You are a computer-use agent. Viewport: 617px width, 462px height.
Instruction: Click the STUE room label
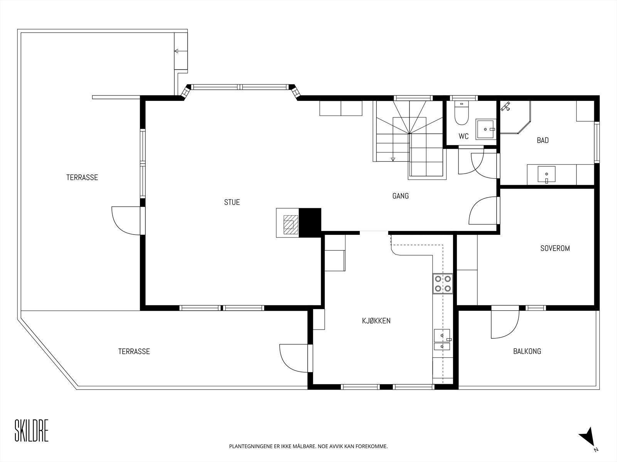tap(232, 202)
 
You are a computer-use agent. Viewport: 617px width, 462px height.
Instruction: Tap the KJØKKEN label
tap(376, 321)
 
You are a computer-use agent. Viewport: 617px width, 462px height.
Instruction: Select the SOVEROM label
tap(555, 248)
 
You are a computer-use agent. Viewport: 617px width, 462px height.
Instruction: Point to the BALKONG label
tap(527, 351)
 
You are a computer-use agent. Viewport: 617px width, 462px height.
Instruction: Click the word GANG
tap(400, 196)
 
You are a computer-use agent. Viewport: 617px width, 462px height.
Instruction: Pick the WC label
tap(464, 136)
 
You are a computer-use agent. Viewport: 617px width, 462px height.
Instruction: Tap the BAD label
tap(543, 140)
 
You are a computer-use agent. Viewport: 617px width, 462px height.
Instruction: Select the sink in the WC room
tap(486, 129)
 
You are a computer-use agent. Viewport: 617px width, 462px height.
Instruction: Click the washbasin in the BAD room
tap(546, 174)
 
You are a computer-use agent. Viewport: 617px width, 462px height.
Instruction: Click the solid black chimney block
tap(310, 223)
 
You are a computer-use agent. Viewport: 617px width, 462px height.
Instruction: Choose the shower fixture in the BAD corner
tap(506, 107)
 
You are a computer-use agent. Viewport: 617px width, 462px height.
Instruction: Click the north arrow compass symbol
tap(587, 444)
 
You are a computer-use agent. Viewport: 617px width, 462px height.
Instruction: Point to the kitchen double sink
tap(442, 340)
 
